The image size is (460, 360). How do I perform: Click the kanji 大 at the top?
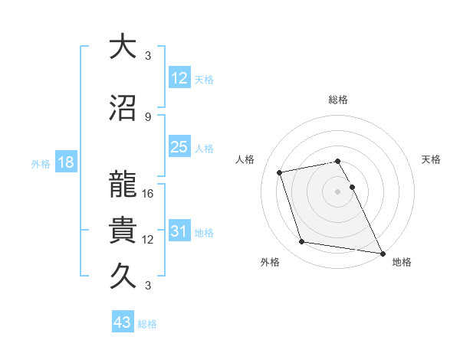[123, 47]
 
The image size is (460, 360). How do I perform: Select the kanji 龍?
[123, 185]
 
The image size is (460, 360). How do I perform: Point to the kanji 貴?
[123, 231]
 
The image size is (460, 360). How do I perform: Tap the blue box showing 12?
[179, 77]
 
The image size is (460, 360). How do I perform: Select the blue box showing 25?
[179, 147]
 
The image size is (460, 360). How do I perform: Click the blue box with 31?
[179, 231]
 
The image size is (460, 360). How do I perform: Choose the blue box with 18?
[65, 162]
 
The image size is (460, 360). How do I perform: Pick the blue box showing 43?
[123, 322]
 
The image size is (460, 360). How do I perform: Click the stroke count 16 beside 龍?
[149, 194]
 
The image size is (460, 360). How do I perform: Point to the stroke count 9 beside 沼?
[148, 117]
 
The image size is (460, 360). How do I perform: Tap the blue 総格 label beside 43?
[148, 324]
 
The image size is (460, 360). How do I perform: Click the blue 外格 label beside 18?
[41, 163]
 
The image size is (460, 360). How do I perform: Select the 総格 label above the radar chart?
[338, 100]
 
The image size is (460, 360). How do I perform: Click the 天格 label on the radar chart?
[431, 159]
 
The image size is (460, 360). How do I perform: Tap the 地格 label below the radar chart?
[402, 262]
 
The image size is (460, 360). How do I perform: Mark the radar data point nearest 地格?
[381, 254]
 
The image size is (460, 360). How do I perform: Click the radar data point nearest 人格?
[280, 172]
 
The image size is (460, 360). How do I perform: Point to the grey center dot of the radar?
[338, 191]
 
